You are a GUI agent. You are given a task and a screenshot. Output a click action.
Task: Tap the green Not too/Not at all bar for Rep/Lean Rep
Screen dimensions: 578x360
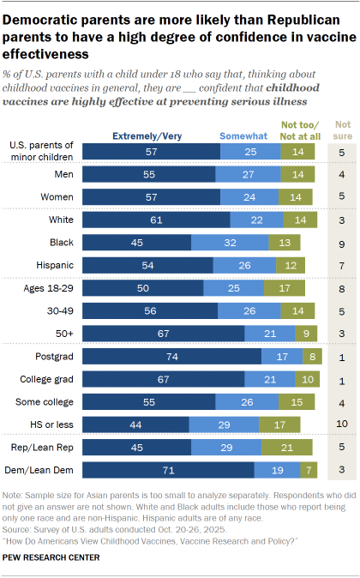point(288,446)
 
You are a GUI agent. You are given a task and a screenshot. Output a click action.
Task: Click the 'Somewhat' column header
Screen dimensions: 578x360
point(241,135)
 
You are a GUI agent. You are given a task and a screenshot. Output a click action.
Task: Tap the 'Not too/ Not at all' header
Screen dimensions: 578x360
point(297,129)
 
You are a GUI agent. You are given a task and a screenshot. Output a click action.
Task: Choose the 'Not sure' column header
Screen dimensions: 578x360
point(342,129)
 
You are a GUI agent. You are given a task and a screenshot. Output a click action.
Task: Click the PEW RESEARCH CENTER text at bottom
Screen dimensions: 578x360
point(51,557)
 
